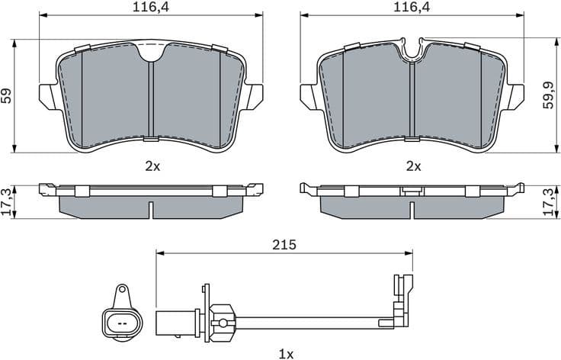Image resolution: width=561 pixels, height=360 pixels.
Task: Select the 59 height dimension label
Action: pos(7,95)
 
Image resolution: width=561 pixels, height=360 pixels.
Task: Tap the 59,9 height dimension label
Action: pos(548,95)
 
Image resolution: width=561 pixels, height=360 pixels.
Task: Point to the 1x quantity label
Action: pos(285,353)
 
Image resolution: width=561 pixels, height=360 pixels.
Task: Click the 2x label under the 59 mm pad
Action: pos(152,165)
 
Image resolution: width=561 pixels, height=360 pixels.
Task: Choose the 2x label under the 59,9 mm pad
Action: pos(413,165)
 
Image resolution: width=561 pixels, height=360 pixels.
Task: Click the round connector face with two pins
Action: pos(121,320)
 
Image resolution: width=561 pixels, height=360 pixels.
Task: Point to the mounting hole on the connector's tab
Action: pos(121,291)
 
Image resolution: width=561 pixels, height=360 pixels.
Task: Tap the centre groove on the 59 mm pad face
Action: pos(152,99)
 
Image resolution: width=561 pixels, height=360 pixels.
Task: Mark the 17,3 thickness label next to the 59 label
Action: pos(7,201)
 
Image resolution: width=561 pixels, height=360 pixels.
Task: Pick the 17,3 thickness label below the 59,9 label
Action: pos(548,201)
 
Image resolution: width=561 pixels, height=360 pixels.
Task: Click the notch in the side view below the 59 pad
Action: pos(152,208)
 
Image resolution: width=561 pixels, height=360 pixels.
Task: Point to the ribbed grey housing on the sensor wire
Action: pos(223,320)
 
